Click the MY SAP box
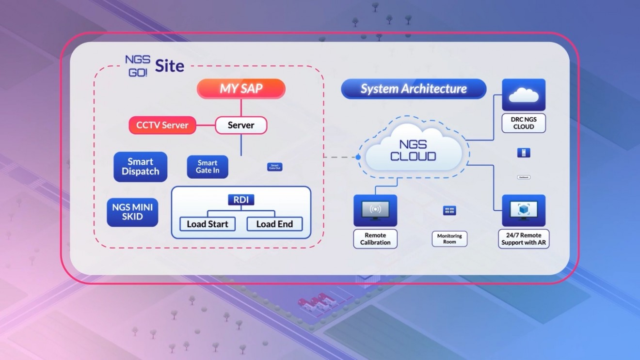(x=241, y=89)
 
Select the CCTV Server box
(x=162, y=125)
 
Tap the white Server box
(x=241, y=125)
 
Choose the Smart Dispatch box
(x=141, y=167)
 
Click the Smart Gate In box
(x=208, y=167)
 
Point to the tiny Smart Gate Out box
(x=275, y=167)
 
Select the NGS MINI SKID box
(x=132, y=212)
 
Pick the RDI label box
(x=241, y=200)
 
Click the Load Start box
(x=208, y=224)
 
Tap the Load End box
(x=274, y=224)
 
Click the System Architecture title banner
(x=414, y=89)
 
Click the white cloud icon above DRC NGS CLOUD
(x=524, y=95)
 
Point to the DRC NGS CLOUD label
(x=524, y=123)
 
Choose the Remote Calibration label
(x=375, y=239)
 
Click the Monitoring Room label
(x=449, y=239)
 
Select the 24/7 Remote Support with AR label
(x=524, y=239)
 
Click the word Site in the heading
(x=170, y=66)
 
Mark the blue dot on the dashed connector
(x=358, y=157)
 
